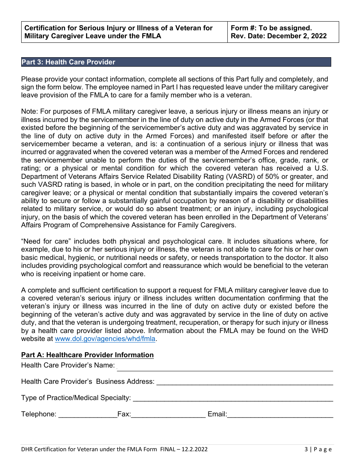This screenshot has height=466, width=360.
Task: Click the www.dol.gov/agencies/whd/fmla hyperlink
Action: click(x=105, y=339)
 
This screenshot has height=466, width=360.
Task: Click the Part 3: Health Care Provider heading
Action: click(x=68, y=62)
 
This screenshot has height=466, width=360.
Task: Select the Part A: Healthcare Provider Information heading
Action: click(x=87, y=355)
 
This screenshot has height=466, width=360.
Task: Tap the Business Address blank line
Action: click(x=244, y=382)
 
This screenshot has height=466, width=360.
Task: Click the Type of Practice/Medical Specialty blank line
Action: click(x=233, y=398)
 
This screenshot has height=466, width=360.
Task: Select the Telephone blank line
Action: click(x=88, y=414)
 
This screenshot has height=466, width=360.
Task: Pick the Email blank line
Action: click(x=280, y=414)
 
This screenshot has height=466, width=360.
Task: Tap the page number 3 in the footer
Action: click(x=306, y=449)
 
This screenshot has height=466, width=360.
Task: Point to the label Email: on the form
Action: click(x=217, y=414)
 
